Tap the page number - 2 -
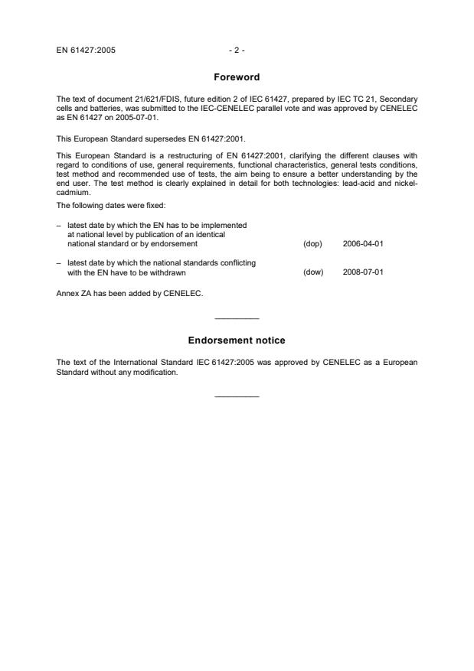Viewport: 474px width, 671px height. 237,51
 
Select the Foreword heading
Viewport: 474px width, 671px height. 237,77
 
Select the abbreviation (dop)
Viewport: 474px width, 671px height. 312,244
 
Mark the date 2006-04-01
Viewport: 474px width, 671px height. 362,244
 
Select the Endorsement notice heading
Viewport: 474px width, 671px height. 237,340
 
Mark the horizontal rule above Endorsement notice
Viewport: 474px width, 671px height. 237,318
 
